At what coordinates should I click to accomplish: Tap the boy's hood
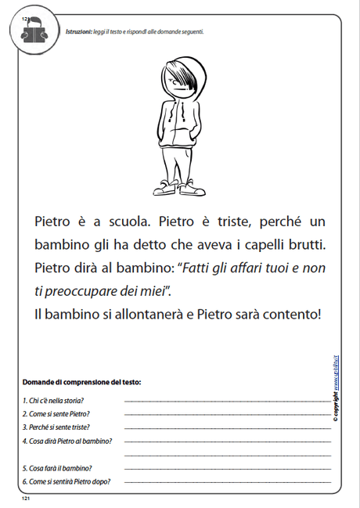tap(181, 74)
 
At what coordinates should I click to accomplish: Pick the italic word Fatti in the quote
tap(199, 268)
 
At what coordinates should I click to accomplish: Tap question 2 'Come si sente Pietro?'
tap(56, 413)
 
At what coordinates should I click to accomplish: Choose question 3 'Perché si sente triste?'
tap(56, 427)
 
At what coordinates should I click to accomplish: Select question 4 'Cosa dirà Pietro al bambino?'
tap(67, 441)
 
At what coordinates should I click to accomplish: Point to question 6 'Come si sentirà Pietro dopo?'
tap(67, 481)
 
